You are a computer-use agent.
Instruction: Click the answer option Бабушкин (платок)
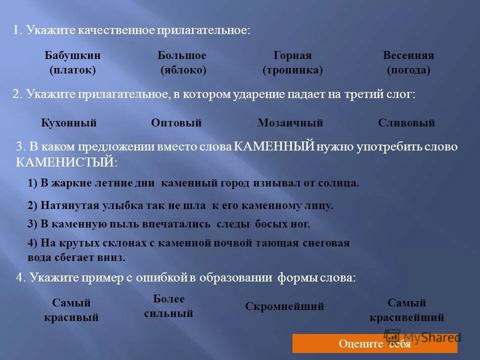tap(72, 63)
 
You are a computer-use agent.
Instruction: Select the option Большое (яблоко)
tap(182, 63)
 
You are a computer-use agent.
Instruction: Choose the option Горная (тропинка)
tap(292, 63)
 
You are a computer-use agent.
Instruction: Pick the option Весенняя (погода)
tap(408, 63)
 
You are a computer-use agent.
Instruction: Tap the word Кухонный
tap(68, 123)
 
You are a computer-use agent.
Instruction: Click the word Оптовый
tap(176, 123)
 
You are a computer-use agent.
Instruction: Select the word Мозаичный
tap(290, 123)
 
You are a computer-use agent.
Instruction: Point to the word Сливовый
tap(406, 123)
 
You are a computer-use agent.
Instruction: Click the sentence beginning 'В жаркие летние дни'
tap(193, 183)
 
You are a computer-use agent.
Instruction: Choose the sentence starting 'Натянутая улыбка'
tap(180, 205)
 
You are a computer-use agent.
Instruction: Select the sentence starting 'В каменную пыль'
tap(169, 224)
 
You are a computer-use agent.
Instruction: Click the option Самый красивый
tap(71, 310)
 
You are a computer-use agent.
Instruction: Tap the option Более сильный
tap(168, 306)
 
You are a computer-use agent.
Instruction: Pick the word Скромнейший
tap(284, 306)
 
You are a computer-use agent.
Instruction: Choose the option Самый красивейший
tap(407, 310)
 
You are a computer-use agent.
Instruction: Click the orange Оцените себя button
tap(374, 343)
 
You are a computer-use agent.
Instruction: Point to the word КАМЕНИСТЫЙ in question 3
tap(65, 162)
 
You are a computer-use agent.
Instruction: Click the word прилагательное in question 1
tap(202, 30)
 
